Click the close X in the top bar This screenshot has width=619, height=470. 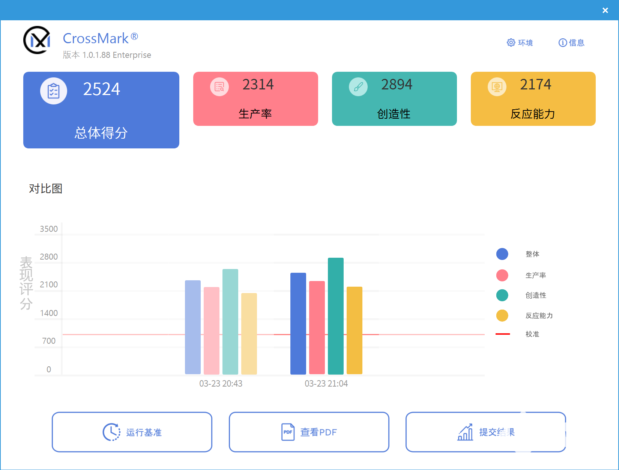605,11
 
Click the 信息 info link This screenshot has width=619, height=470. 571,43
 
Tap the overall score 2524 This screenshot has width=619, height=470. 101,89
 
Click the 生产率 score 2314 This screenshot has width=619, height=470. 258,85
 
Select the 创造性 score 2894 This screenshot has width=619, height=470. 397,85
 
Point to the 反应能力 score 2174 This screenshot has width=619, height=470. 535,85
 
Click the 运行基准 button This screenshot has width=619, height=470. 132,432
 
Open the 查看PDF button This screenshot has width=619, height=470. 309,432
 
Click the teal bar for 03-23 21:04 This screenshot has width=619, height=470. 335,316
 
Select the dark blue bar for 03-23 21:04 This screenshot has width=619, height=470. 298,323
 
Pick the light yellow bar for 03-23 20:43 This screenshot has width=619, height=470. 249,334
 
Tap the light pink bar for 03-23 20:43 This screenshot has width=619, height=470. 211,331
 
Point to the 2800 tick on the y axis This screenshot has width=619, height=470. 49,257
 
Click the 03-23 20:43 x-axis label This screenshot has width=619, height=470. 221,384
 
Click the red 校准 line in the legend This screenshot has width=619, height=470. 503,334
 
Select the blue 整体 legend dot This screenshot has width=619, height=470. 502,254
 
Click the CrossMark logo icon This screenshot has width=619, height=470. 37,40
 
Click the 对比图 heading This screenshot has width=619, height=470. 45,189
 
